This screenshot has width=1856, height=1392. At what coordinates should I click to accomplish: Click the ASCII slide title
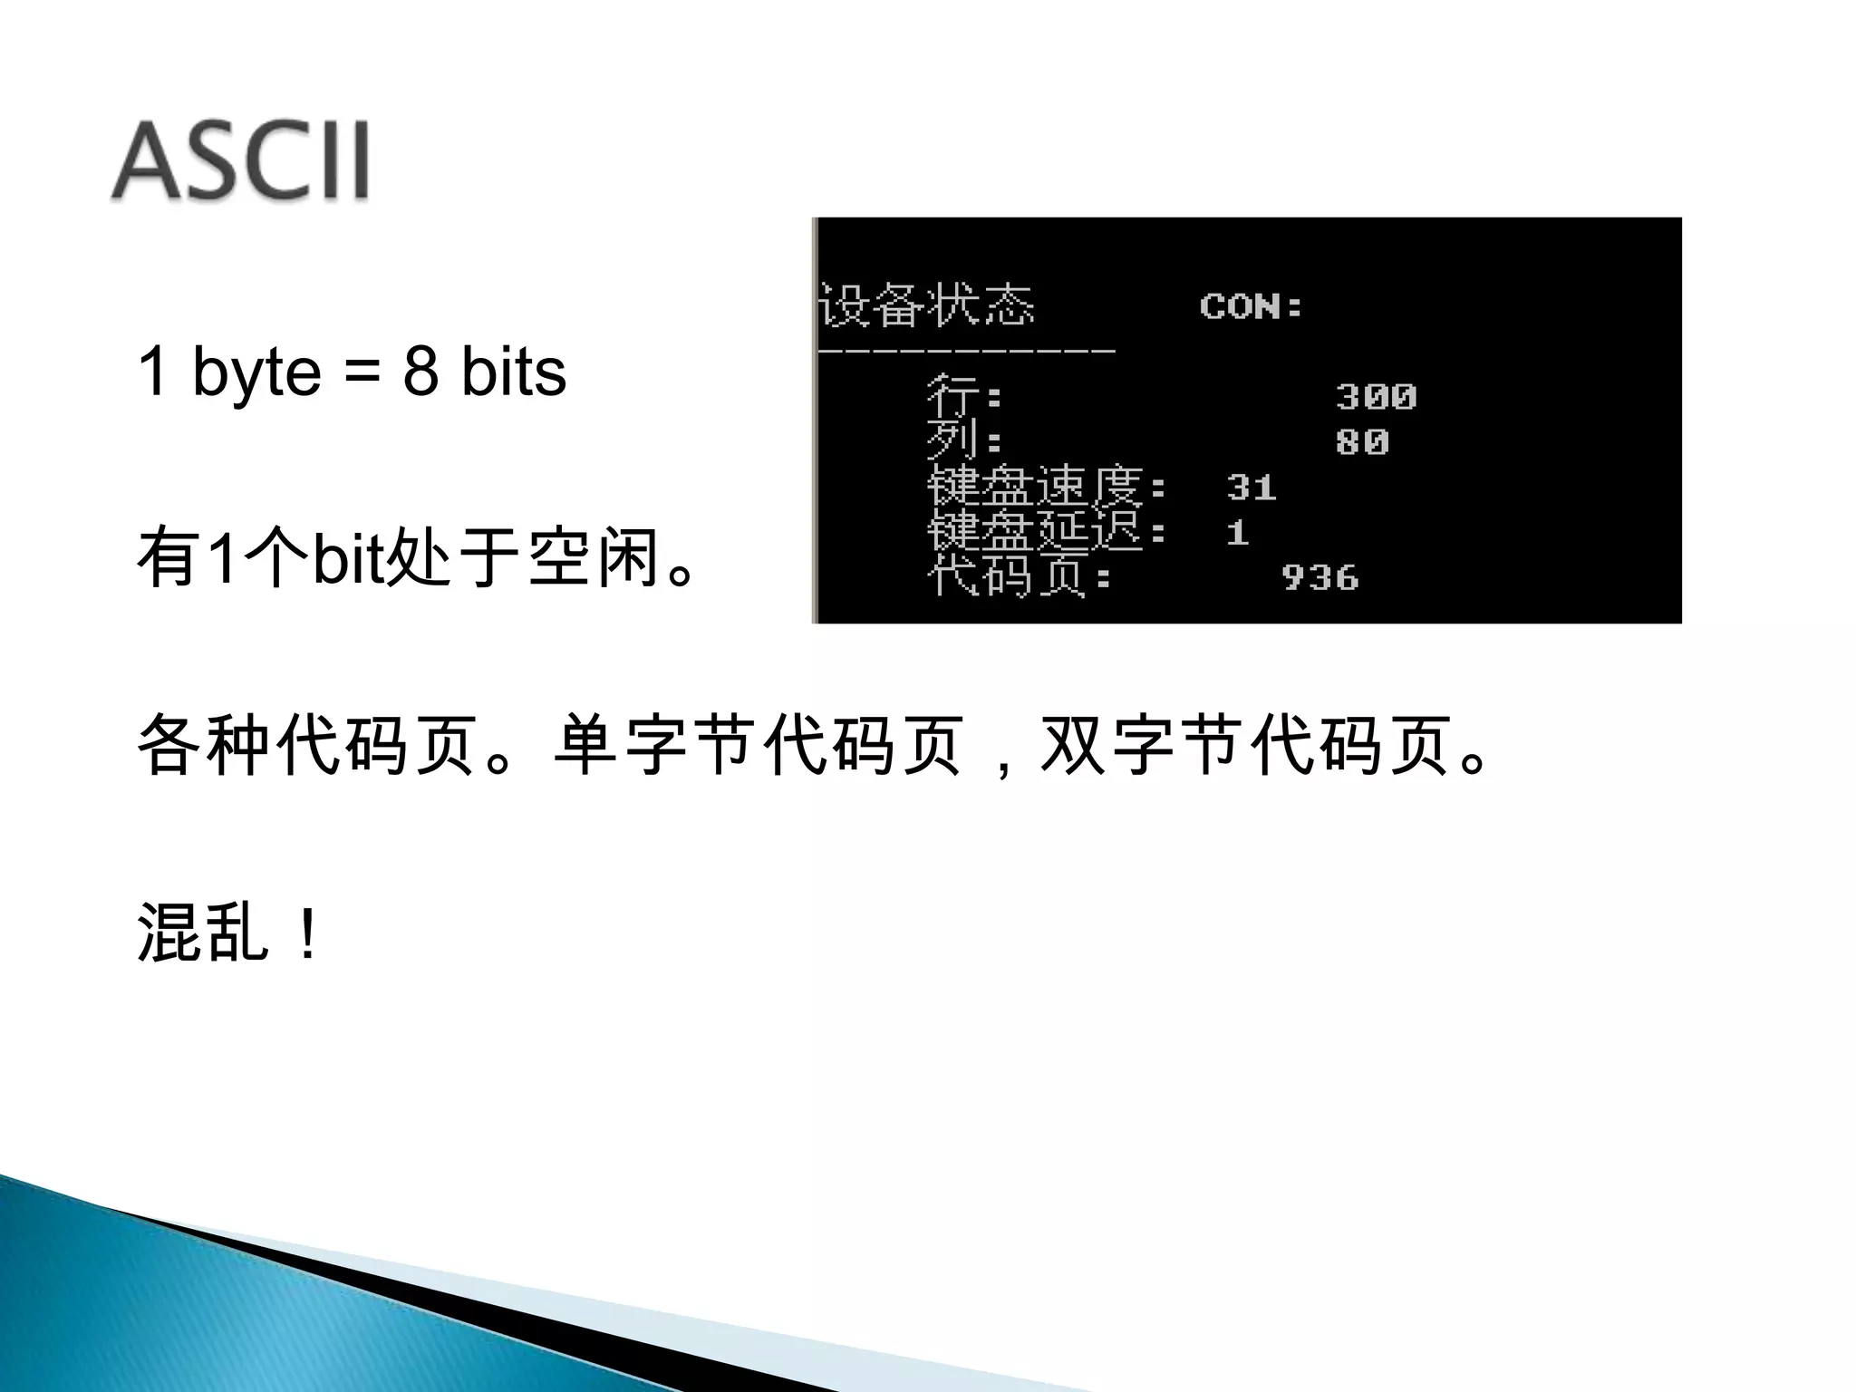coord(240,161)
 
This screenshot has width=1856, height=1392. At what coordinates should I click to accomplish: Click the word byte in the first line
coord(256,372)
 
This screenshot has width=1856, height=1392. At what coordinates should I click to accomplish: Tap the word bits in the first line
coord(513,372)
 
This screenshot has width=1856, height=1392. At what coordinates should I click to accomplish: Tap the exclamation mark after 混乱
coord(308,934)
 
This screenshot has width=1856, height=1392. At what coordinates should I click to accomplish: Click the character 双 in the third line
coord(1074,746)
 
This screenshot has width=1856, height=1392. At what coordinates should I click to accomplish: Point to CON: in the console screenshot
coord(1251,306)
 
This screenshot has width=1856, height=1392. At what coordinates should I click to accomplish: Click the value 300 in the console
coord(1376,397)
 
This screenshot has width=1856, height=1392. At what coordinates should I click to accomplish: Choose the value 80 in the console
coord(1362,442)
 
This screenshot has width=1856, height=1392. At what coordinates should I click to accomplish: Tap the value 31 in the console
coord(1252,488)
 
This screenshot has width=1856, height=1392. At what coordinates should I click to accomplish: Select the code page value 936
coord(1320,578)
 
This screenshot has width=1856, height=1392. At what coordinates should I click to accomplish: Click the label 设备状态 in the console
coord(926,304)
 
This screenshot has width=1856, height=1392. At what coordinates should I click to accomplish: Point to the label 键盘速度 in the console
coord(1035,487)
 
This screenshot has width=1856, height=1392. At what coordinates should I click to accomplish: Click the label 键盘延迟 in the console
coord(1035,532)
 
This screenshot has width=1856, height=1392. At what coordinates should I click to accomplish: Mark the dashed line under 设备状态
coord(967,349)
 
